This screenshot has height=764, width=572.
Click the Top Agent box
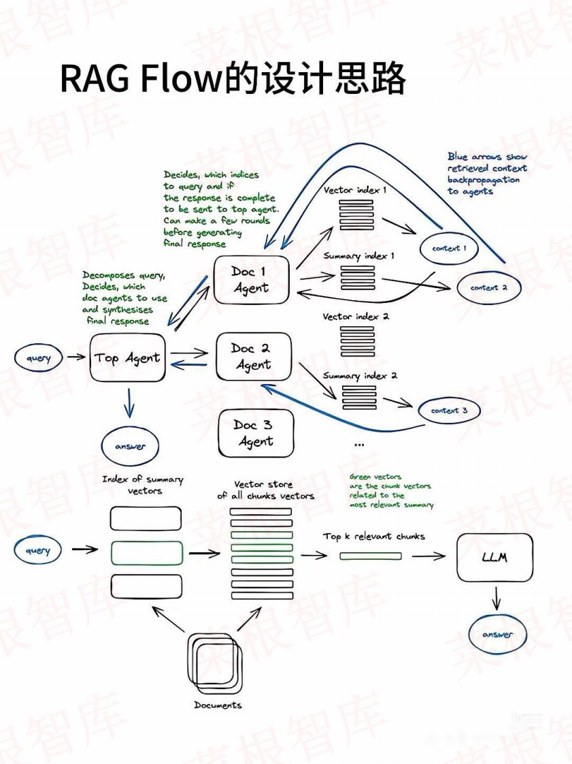[x=128, y=357]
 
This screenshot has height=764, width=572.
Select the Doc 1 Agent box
[x=251, y=280]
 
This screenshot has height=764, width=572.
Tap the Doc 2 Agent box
[x=252, y=356]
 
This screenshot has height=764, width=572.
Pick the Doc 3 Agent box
[x=255, y=433]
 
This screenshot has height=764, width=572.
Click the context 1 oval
[x=450, y=249]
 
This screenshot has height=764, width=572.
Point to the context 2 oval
[x=489, y=288]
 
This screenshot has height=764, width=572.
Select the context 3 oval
[x=450, y=411]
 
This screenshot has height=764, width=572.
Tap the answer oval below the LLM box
[x=498, y=635]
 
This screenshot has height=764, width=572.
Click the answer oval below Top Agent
[x=130, y=447]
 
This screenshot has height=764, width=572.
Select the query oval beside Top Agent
[x=39, y=358]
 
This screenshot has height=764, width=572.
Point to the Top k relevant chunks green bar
[x=370, y=556]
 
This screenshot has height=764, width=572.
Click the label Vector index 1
[x=354, y=190]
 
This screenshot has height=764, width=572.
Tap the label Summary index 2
[x=360, y=375]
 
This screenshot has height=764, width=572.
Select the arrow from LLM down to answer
[x=497, y=598]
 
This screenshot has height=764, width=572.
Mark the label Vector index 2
[x=356, y=317]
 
